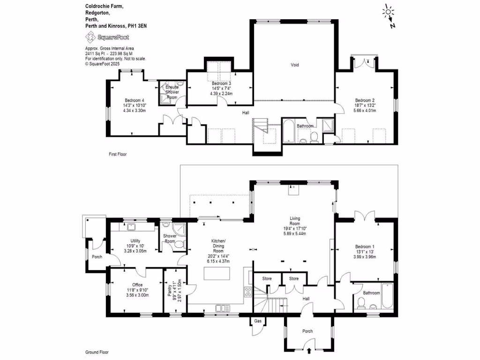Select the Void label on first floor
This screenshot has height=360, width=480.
coord(294,65)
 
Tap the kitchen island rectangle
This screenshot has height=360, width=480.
coord(217,272)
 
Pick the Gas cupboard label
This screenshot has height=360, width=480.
coord(257,322)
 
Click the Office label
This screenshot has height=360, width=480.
coord(137,285)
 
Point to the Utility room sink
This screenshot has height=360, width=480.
coord(131,228)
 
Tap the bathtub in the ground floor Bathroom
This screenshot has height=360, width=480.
coord(388,296)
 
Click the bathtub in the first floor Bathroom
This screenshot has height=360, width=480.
coord(287,131)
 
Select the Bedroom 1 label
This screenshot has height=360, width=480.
coord(365,247)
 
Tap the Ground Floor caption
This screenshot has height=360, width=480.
coord(97,352)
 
